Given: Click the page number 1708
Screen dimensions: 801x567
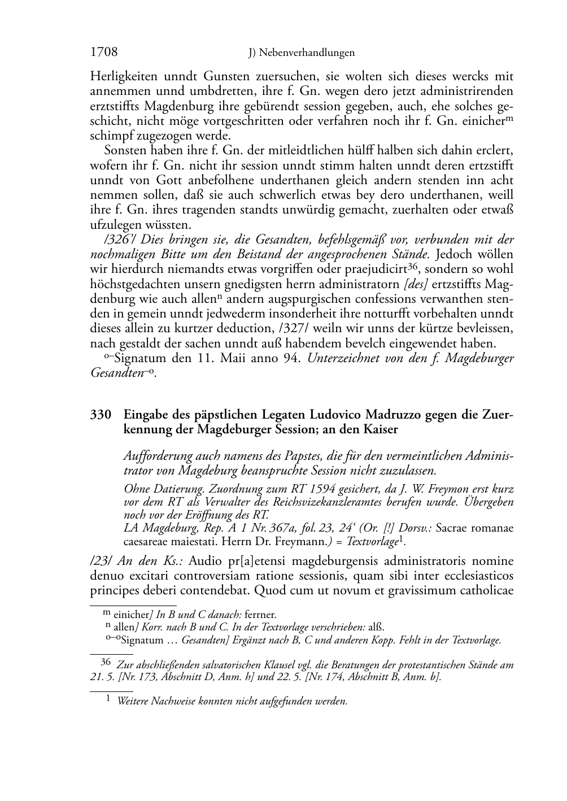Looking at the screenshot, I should click(x=104, y=53).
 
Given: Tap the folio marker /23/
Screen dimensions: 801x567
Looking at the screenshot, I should click(x=102, y=561).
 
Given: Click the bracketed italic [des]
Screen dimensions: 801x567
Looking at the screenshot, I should click(x=417, y=284).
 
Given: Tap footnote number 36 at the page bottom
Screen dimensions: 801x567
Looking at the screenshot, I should click(x=106, y=664).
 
